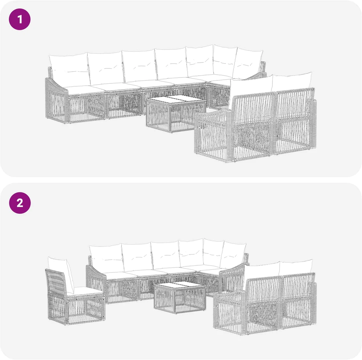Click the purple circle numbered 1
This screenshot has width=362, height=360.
[x=19, y=19]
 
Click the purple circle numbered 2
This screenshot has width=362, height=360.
[x=19, y=203]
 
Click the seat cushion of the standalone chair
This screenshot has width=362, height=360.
[x=86, y=291]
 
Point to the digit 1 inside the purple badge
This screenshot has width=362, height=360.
[x=20, y=19]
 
